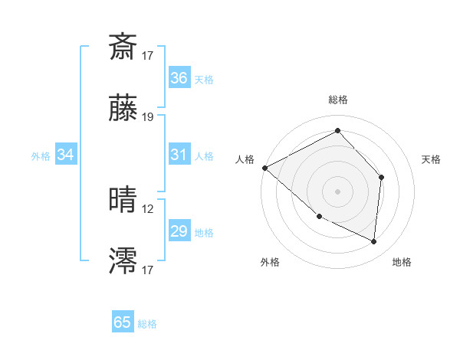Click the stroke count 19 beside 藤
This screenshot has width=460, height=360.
click(x=148, y=117)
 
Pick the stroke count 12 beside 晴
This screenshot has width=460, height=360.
click(x=148, y=208)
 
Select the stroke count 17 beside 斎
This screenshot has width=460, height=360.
click(x=148, y=55)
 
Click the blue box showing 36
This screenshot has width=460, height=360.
click(x=179, y=78)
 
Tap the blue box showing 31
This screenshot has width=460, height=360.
click(x=179, y=155)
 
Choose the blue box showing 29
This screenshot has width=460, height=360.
click(x=179, y=231)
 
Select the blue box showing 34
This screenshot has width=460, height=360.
click(x=65, y=155)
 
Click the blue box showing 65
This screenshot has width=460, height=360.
click(x=122, y=322)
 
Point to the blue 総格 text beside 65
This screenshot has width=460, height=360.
click(x=147, y=324)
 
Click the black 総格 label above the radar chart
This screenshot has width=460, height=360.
click(x=337, y=100)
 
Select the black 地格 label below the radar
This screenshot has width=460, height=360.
click(x=402, y=262)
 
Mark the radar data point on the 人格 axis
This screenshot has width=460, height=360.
click(x=264, y=167)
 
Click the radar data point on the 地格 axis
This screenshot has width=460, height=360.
click(x=374, y=241)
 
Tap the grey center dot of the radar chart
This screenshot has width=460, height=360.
click(x=337, y=191)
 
